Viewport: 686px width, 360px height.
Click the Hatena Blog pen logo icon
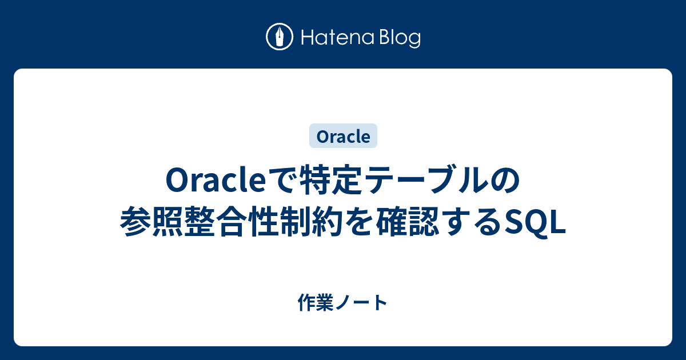click(x=280, y=37)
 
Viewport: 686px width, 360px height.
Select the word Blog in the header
click(x=399, y=38)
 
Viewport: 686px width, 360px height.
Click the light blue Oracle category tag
click(x=343, y=137)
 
